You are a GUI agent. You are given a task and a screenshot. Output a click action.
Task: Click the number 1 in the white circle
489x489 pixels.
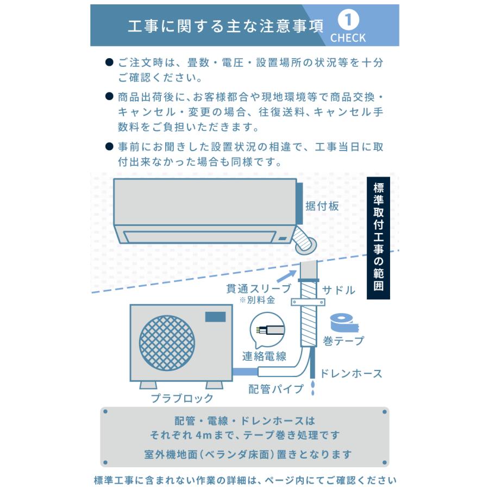click(348, 20)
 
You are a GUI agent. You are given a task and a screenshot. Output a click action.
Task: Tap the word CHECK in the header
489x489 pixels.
click(348, 38)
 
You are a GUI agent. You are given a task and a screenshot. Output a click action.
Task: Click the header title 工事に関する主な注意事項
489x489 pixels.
click(225, 26)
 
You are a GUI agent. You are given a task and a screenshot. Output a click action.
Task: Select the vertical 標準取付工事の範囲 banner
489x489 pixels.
click(379, 237)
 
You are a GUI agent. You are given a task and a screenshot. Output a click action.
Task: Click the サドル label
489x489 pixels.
click(338, 290)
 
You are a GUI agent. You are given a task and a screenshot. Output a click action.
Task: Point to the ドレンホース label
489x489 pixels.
click(350, 373)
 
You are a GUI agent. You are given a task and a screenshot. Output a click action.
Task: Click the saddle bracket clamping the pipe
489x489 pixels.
click(310, 301)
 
